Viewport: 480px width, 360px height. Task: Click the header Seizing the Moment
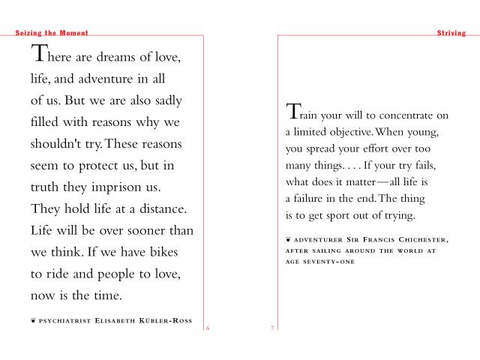coord(52,33)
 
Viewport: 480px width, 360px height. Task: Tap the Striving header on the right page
coord(451,33)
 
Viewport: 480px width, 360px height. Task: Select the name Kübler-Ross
coord(164,320)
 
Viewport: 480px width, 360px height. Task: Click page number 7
coord(272,328)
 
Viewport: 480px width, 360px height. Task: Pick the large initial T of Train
coord(293,112)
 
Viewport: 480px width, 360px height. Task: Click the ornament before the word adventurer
coord(289,239)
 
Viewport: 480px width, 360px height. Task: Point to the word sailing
coord(341,250)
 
